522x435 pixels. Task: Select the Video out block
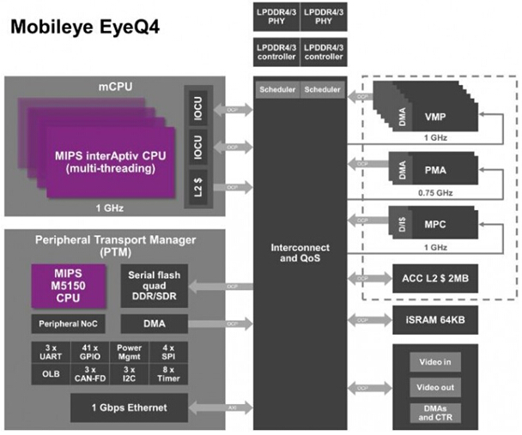point(434,387)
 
